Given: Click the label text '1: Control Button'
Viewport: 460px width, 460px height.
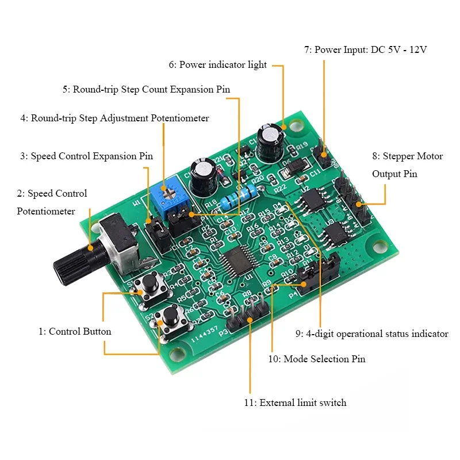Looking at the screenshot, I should (75, 331).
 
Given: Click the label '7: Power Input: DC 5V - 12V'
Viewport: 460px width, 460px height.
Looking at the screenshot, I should (365, 50).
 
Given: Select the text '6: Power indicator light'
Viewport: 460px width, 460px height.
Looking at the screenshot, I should (217, 65).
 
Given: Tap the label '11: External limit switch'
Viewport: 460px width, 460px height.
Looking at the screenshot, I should (295, 402).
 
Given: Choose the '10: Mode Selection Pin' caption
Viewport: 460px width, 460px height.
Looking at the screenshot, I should (317, 359).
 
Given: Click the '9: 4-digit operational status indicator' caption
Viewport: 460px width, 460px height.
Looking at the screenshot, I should (371, 333).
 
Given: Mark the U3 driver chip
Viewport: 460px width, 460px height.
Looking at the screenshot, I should (334, 233).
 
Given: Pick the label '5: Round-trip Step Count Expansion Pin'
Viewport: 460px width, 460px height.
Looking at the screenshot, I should (147, 89).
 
